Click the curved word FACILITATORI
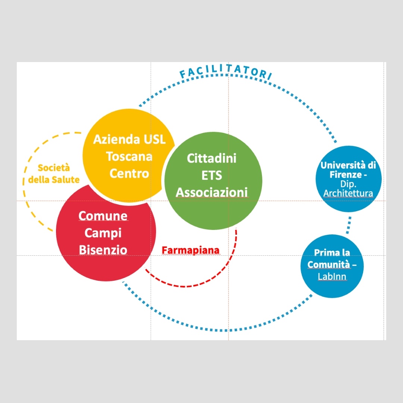coord(226,73)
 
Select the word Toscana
coord(129,156)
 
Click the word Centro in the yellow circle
coord(129,173)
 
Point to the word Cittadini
coord(212,158)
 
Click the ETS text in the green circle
coord(212,175)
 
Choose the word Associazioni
coord(212,193)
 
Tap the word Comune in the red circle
coord(103,216)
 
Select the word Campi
coord(103,233)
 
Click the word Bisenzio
coord(103,250)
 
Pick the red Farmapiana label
coord(190,250)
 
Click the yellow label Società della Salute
coord(54,174)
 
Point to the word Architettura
coord(348,193)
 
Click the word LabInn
coord(332,277)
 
